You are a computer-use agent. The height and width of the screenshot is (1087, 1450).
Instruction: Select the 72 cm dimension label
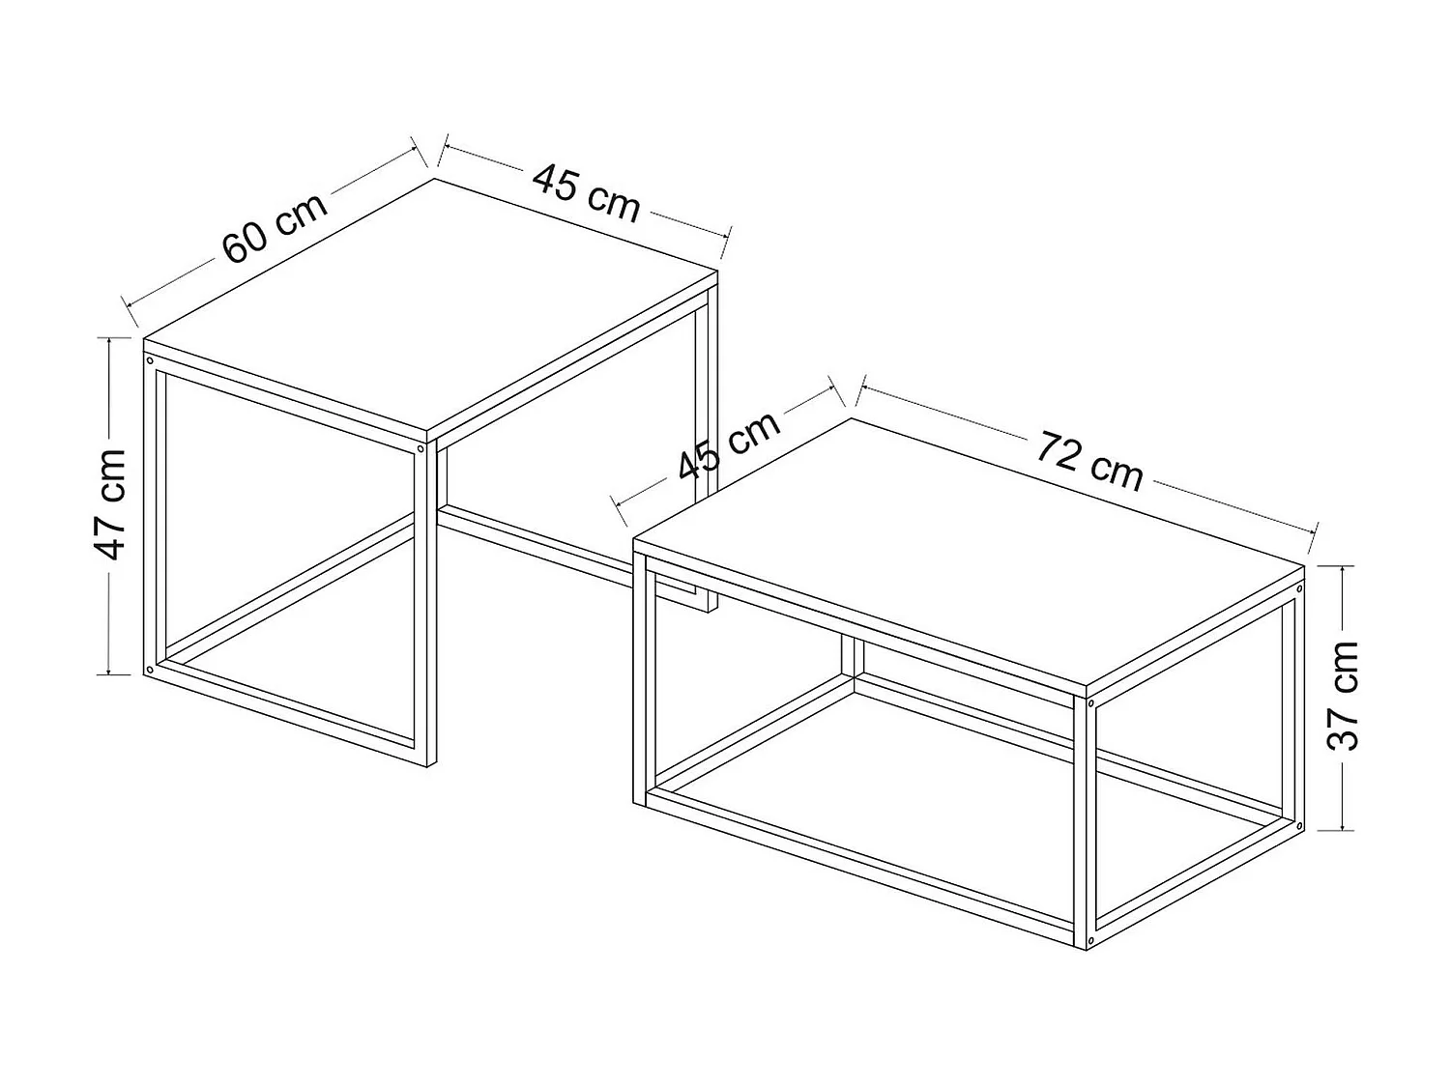[1090, 459]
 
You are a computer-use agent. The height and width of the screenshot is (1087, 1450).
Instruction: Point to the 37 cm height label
[1344, 695]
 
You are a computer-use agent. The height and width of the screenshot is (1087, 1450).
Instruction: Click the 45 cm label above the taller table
[586, 191]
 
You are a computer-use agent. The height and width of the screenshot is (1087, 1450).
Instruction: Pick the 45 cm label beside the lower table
[728, 445]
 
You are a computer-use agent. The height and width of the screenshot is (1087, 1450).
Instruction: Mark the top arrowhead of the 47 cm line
[111, 341]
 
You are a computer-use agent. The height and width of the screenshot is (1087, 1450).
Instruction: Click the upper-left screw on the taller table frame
[150, 359]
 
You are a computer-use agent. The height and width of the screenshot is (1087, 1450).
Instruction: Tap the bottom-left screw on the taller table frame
[149, 669]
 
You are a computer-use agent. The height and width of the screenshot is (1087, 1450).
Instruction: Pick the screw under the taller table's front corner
[421, 449]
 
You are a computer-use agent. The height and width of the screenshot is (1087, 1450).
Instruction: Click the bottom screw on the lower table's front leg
[1091, 940]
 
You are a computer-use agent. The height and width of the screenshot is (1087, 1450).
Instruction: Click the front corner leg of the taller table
[422, 609]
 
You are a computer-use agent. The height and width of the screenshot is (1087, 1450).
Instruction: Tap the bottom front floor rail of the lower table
[860, 870]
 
